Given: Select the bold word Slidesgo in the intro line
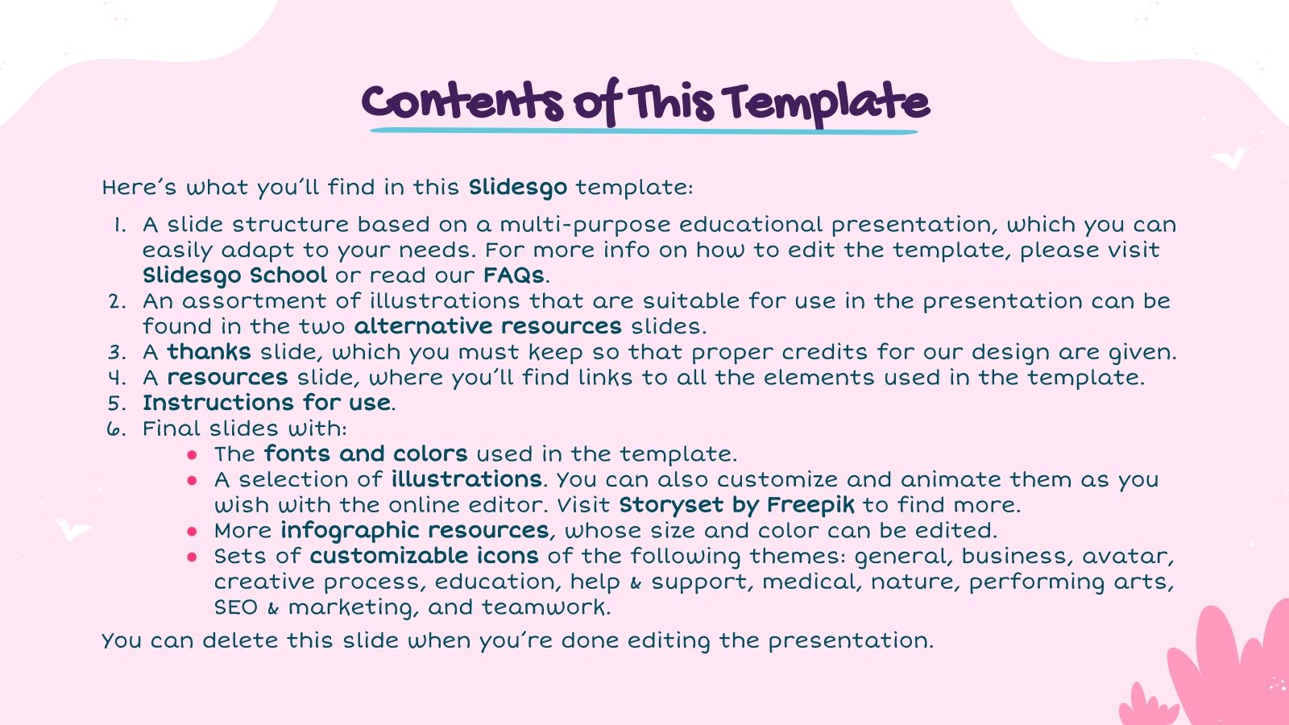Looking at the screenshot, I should pos(517,188).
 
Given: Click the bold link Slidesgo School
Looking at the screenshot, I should pos(234,275).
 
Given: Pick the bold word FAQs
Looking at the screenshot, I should pos(514,275).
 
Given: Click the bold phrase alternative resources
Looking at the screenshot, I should pos(487,326).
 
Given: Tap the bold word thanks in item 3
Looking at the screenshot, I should pos(209,352).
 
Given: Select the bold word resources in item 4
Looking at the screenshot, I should pos(227,378).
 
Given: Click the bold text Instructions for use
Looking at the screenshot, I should pos(267,403).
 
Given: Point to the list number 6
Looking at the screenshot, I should pos(116,429).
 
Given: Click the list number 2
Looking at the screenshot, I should pos(118,301).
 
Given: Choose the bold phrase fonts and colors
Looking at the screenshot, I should pos(366,454).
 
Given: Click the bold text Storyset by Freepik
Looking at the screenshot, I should pos(736,505).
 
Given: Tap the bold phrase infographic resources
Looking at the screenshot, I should pos(415,531).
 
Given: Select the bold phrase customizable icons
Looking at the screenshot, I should pos(424,557).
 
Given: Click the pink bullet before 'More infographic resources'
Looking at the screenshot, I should pos(192,532).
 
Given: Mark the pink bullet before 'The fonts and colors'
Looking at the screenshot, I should pos(192,455).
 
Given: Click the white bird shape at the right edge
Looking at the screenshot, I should pos(1231,158).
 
